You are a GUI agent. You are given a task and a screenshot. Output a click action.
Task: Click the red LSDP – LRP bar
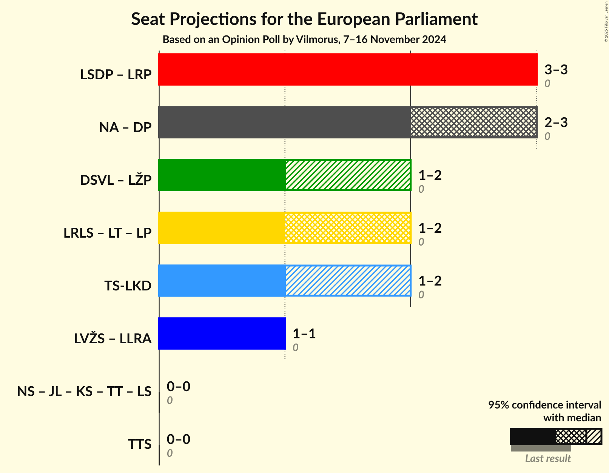point(347,69)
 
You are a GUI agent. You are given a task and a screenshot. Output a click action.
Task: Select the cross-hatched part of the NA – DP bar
point(473,122)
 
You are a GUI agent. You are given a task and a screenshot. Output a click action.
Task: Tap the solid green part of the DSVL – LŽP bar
point(222,175)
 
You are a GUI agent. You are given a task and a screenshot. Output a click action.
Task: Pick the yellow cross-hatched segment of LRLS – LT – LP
point(348,228)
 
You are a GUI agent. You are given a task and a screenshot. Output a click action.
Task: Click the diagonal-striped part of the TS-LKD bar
point(348,281)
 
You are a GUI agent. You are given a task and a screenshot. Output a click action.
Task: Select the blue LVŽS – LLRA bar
point(222,333)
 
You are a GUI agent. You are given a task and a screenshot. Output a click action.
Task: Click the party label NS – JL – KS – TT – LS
point(84,392)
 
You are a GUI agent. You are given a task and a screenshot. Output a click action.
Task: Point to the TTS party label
point(139,444)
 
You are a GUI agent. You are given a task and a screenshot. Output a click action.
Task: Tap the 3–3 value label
point(556,70)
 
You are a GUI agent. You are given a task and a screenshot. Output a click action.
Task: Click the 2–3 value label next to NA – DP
point(556,123)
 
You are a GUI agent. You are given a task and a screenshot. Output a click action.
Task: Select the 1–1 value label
point(304,334)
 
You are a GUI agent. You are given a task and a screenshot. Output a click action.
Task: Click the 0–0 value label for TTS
point(178,439)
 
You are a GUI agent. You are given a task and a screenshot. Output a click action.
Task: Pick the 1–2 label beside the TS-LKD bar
point(430,281)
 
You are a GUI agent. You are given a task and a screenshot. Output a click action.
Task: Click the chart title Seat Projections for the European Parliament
point(304,19)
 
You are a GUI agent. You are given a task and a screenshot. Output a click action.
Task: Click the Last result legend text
point(548,459)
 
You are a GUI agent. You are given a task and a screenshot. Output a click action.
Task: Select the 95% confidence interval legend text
point(544,405)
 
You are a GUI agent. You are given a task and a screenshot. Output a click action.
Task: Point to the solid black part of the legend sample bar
point(532,436)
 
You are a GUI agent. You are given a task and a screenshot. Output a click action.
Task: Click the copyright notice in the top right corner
point(606,21)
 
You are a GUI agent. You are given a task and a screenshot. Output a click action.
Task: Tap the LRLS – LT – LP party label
point(108,233)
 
